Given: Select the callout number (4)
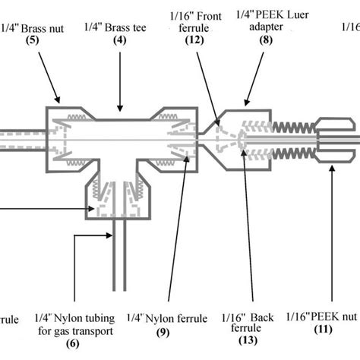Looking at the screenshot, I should (118, 42).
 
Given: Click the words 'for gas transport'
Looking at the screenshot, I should (77, 330).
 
